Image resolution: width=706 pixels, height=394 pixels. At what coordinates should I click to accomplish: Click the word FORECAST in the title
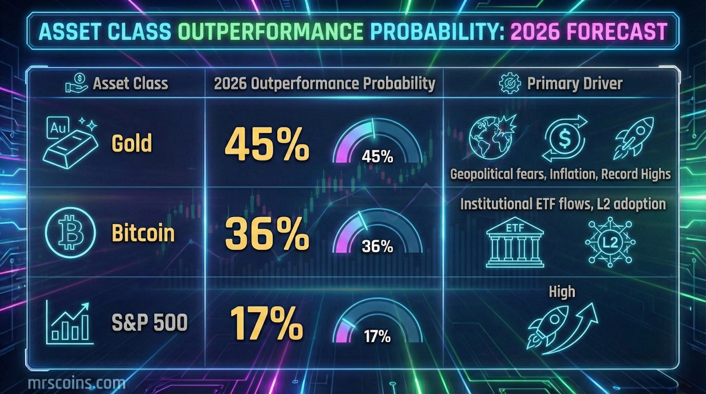click(617, 32)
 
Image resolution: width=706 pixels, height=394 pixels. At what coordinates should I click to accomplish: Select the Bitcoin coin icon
click(71, 233)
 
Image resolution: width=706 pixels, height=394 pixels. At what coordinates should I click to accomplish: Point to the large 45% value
click(267, 144)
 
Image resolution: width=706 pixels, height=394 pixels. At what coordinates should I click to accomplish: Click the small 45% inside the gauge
click(377, 157)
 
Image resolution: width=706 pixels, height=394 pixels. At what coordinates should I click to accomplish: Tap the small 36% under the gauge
click(377, 246)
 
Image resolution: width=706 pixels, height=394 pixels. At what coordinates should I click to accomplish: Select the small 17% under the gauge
click(377, 336)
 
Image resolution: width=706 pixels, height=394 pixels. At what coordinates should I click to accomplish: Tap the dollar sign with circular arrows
click(565, 139)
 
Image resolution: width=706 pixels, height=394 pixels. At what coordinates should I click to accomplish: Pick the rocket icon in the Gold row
click(634, 137)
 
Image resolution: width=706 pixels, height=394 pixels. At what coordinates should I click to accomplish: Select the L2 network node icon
click(610, 242)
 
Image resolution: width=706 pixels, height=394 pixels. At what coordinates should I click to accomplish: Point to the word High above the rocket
click(562, 292)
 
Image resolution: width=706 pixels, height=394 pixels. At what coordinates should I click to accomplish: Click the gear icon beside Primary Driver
click(510, 84)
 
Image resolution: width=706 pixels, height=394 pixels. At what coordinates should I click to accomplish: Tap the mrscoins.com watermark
click(76, 383)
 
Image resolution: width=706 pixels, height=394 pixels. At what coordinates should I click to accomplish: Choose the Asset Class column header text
click(130, 84)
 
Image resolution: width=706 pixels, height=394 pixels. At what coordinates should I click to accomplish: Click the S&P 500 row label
click(150, 323)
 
